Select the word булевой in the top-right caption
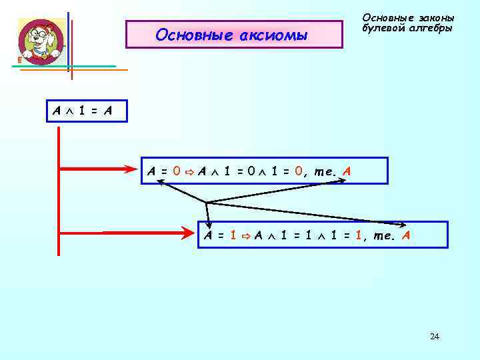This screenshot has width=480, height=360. click(x=384, y=29)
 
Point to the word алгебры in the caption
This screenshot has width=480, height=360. click(x=431, y=29)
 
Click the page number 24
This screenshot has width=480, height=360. click(x=435, y=337)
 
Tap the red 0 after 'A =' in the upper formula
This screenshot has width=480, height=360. click(x=177, y=171)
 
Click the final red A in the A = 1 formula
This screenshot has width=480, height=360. click(x=406, y=235)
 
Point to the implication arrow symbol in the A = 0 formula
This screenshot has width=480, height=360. click(x=189, y=171)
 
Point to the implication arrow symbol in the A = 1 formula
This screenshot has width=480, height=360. click(x=245, y=236)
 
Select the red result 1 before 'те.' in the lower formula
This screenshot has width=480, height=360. click(x=361, y=235)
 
